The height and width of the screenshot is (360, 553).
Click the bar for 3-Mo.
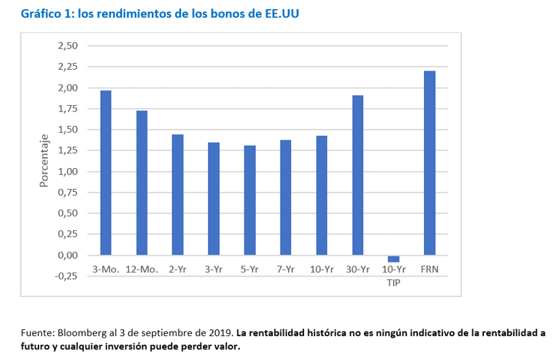(106, 173)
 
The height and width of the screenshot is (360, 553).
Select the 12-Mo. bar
(142, 183)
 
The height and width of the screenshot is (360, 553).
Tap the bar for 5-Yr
(250, 200)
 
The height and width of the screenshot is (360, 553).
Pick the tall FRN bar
(429, 163)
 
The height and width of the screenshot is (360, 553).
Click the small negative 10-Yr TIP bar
(393, 259)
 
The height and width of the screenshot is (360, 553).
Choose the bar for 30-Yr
(358, 175)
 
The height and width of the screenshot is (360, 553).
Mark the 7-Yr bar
(286, 197)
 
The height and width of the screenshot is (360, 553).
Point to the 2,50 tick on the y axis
(68, 46)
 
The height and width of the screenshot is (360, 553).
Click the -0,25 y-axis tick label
(66, 276)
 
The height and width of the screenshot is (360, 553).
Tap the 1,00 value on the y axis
(68, 172)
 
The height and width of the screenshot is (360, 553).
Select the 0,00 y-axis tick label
(68, 256)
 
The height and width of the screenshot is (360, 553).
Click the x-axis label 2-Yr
(177, 269)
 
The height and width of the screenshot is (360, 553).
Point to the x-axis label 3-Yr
(214, 269)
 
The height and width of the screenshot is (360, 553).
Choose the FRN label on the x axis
(429, 269)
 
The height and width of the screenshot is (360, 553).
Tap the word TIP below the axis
(393, 282)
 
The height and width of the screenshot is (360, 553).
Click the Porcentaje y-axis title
(44, 160)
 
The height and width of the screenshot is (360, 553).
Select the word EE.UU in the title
(282, 13)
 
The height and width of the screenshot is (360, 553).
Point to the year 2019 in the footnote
(224, 333)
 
